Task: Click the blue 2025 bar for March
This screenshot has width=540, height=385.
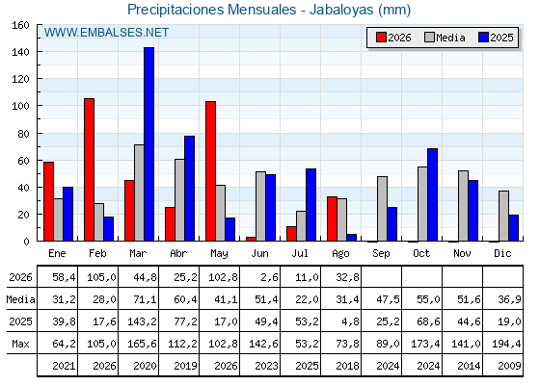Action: tap(149, 144)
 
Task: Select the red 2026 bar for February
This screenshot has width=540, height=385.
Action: tap(89, 169)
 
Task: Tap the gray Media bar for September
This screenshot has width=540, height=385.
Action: tap(382, 209)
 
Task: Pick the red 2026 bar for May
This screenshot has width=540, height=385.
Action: tap(211, 171)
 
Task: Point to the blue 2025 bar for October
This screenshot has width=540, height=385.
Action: tap(433, 194)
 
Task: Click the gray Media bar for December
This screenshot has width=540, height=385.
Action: tap(503, 216)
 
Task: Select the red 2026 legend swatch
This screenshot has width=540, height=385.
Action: tap(381, 38)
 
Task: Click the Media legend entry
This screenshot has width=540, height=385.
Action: tap(445, 38)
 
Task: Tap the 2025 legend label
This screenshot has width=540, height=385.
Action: tap(501, 38)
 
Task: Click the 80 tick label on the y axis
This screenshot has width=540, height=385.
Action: tap(23, 134)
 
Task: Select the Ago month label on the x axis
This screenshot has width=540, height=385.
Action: tap(340, 254)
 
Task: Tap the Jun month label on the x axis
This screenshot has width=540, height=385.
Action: tap(259, 254)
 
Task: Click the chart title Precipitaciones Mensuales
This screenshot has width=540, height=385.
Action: tap(212, 10)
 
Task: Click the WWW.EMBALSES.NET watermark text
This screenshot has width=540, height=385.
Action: tap(106, 33)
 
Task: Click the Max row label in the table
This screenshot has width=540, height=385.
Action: tap(20, 344)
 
